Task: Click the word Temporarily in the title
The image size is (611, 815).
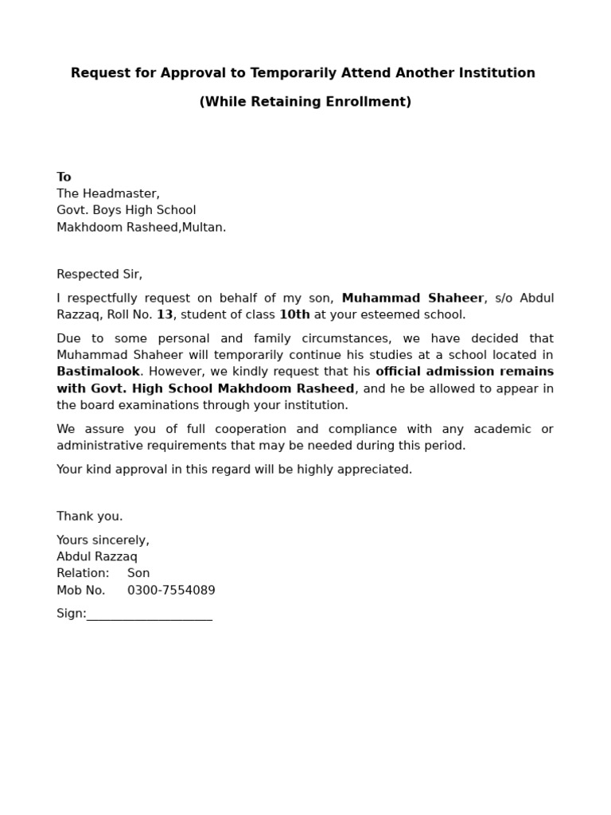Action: coord(284,73)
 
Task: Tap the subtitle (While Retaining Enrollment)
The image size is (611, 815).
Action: coord(305,102)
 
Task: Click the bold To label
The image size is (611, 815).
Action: coord(64,177)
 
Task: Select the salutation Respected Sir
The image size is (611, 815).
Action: coord(99,275)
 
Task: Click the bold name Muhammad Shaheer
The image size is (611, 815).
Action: coord(412,298)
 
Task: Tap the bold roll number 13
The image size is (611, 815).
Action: coord(164,314)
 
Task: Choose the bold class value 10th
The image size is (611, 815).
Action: coord(294,314)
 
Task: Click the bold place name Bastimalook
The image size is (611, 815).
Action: coord(98,372)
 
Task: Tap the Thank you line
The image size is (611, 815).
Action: coord(89,517)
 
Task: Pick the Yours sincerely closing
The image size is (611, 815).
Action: coord(103,540)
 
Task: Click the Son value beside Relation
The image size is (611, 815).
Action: coord(138,573)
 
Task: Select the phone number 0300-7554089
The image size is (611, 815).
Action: coord(171,591)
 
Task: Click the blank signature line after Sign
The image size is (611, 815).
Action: coord(149,615)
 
